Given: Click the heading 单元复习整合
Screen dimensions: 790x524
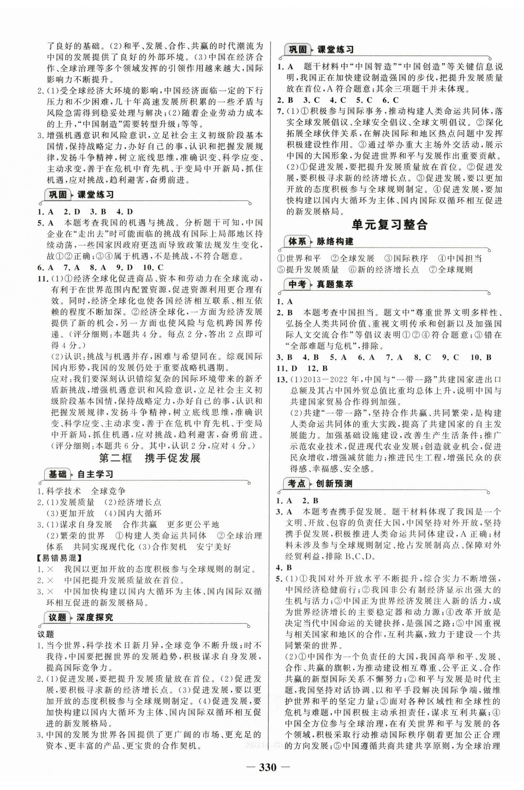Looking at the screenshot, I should pos(389,225).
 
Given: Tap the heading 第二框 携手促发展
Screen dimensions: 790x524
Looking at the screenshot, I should pos(150,458).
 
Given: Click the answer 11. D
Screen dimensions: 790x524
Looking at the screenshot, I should pos(287,368).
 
